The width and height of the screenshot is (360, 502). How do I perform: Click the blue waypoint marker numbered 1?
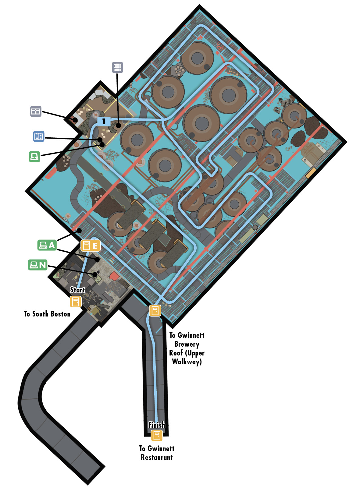pos(104,121)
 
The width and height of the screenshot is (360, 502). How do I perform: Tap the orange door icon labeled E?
pos(91,246)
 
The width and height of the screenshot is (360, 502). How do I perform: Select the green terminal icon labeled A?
pos(47,246)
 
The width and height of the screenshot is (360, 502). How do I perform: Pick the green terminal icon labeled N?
pos(38,265)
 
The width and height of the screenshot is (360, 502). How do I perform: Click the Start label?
pos(77,290)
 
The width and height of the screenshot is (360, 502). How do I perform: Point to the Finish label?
pos(157,425)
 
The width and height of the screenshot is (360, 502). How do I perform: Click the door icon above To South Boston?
pos(76,302)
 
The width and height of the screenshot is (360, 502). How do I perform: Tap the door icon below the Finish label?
pos(157,435)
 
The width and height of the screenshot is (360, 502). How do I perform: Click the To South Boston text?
pos(47,314)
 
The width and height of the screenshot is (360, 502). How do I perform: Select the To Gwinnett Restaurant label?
pos(157,453)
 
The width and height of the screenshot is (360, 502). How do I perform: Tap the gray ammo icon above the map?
pos(118,67)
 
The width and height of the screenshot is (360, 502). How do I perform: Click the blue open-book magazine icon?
pos(39,136)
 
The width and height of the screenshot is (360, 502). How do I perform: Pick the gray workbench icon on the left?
pos(36,111)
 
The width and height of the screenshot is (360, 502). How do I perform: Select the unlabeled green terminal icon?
pos(34,157)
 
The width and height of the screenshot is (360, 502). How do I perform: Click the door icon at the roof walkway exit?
pos(155,311)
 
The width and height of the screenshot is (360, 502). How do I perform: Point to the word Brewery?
pos(187,344)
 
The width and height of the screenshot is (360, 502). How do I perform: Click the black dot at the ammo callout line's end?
pos(119,125)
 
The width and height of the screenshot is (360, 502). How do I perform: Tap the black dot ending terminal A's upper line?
pos(79,230)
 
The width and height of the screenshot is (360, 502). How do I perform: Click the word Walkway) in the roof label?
pos(187,362)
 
